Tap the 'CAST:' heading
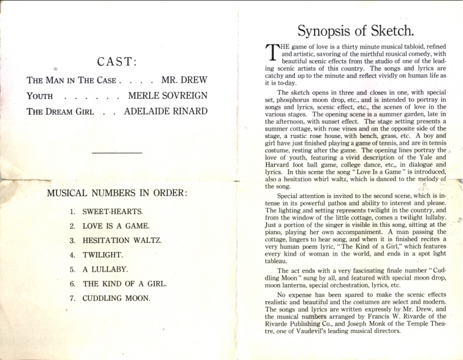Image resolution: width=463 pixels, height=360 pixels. point(117,62)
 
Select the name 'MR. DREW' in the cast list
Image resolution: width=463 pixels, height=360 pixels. point(184,80)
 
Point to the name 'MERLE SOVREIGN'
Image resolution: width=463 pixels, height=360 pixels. point(168,96)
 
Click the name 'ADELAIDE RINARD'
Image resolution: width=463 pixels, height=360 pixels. point(165,112)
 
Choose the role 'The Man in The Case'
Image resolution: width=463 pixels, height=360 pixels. point(72,80)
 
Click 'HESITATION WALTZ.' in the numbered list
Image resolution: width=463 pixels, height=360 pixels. point(122,241)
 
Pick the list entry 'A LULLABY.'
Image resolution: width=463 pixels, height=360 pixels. point(105,269)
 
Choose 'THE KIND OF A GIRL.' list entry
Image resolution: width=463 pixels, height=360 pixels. point(124,284)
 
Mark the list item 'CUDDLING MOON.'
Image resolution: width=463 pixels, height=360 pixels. point(116,298)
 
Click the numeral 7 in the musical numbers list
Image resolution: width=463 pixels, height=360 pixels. point(72,298)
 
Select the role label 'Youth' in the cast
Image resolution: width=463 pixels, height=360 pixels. point(40,96)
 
